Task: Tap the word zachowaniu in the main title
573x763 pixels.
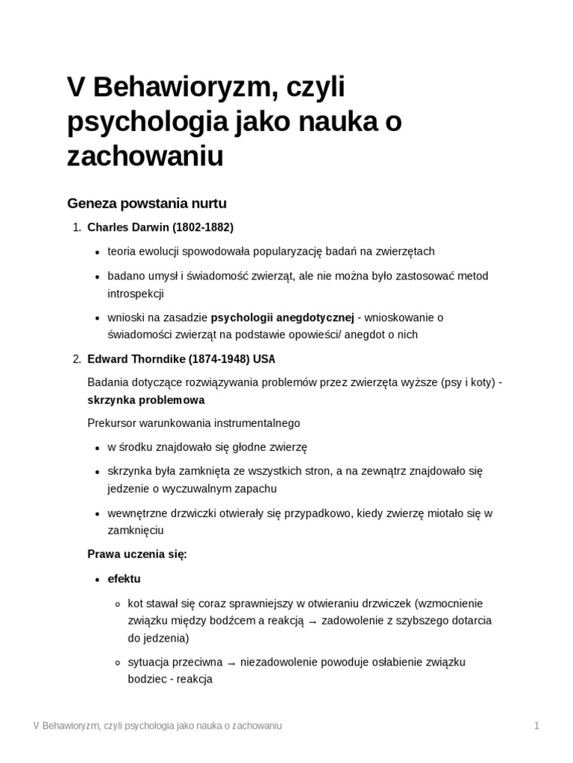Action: (145, 156)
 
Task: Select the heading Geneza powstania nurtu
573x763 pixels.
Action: (147, 203)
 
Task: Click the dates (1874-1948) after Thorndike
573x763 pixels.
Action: (213, 359)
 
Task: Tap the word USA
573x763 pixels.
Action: (264, 359)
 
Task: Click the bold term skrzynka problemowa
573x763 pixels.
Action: (146, 400)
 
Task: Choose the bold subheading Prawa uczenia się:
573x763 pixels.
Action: (137, 554)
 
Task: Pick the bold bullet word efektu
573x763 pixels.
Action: (124, 579)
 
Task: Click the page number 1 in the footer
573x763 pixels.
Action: (536, 726)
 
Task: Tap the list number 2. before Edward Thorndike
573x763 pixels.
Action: (76, 359)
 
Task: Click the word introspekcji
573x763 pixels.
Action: (135, 294)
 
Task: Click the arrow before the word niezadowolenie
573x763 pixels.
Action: (232, 662)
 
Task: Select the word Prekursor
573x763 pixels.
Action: (112, 423)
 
